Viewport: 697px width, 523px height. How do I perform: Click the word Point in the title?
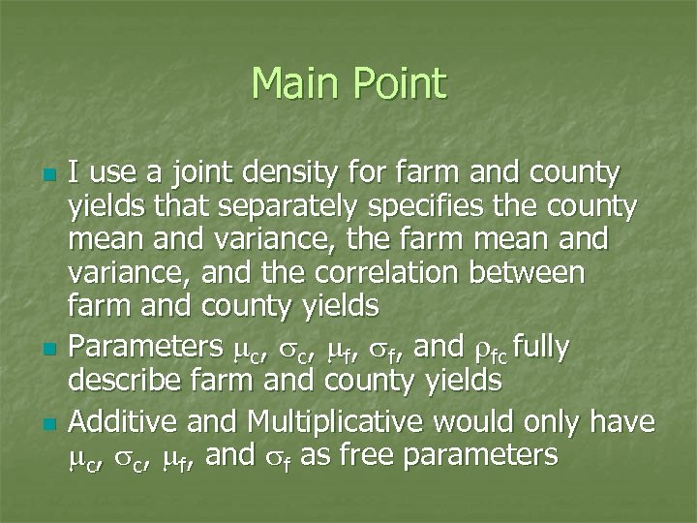tap(400, 84)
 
